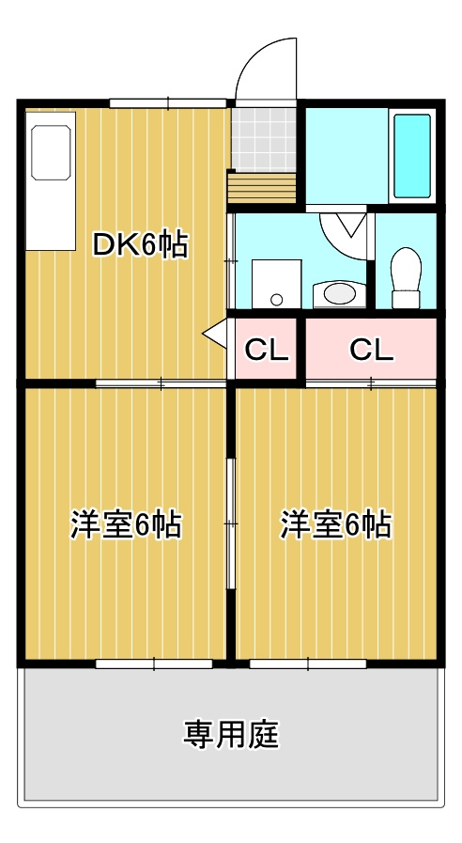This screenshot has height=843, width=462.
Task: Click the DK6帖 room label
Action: point(140,245)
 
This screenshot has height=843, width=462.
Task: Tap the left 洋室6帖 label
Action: point(126,524)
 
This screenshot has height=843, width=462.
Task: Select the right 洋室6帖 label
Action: point(336,524)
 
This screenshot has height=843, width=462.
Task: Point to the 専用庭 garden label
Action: point(231,734)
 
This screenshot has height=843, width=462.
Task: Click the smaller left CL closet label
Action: point(267,350)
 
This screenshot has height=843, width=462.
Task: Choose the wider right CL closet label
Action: point(371,350)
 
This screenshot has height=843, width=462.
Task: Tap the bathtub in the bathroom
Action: point(412,156)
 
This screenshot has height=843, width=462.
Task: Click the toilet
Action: point(407,278)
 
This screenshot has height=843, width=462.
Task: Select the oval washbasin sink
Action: point(340,294)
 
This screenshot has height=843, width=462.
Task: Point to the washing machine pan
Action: point(277,285)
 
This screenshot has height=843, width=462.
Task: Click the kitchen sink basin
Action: point(51,152)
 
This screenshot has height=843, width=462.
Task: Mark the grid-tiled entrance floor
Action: point(264,140)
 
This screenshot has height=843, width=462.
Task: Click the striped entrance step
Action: point(262,188)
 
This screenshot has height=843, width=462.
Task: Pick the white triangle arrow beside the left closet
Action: point(215,334)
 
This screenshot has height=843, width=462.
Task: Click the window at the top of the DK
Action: point(168,103)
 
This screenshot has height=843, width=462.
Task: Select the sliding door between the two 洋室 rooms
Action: point(230,524)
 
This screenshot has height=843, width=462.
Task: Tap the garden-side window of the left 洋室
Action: point(154,664)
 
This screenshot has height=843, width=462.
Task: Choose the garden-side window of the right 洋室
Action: point(308,664)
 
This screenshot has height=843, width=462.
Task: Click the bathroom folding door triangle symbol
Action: point(351,225)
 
